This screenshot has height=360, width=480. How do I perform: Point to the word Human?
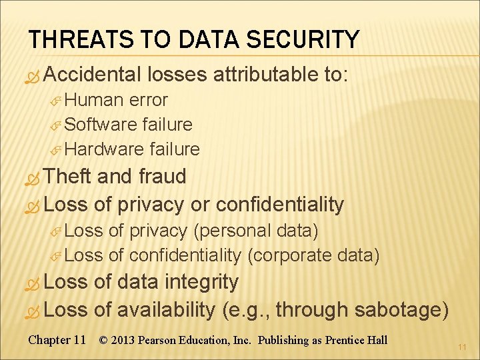click(x=95, y=101)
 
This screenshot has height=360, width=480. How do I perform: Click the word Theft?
click(x=70, y=177)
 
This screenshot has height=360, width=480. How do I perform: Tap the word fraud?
click(x=163, y=177)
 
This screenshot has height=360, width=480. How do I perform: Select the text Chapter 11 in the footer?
click(x=57, y=340)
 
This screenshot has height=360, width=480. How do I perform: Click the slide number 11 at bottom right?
click(x=462, y=347)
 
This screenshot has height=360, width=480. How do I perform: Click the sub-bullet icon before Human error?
click(x=57, y=101)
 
